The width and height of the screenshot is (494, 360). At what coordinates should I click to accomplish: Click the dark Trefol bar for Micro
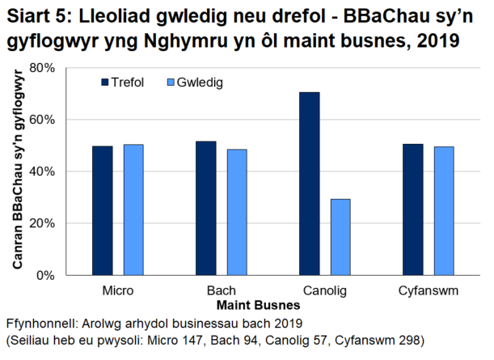click(x=102, y=210)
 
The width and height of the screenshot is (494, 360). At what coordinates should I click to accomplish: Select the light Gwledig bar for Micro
click(x=133, y=210)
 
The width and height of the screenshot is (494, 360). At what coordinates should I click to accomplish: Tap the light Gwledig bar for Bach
click(x=238, y=212)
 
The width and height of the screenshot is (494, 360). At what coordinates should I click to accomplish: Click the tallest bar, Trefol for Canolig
click(x=310, y=184)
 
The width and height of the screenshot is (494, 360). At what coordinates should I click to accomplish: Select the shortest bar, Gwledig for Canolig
click(x=341, y=237)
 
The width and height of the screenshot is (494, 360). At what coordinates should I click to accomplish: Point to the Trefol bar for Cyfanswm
click(x=413, y=210)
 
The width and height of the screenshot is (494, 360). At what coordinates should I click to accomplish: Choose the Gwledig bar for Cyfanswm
click(x=444, y=210)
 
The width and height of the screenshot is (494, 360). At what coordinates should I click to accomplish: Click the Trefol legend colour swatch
click(x=103, y=83)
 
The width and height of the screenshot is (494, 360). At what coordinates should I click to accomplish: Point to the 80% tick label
click(x=41, y=68)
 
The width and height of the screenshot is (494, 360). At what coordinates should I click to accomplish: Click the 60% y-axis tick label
click(x=41, y=120)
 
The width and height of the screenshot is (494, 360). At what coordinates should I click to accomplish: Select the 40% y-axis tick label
click(x=41, y=172)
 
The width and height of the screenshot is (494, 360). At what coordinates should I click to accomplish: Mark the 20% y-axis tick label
click(x=41, y=223)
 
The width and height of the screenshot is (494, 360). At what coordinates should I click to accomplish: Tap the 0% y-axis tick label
click(x=44, y=275)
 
